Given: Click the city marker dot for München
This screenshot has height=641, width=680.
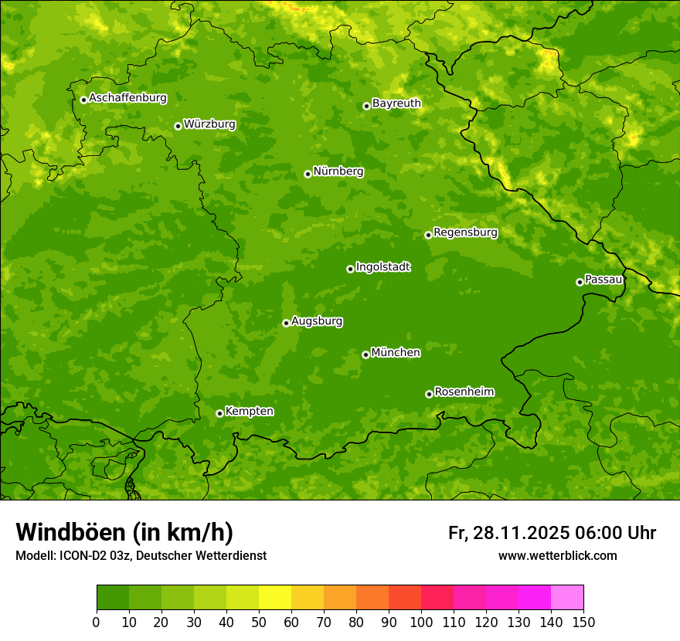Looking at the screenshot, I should (x=365, y=354).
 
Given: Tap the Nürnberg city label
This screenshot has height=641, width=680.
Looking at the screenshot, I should (x=338, y=171).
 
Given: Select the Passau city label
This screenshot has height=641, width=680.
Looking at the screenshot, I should (x=603, y=280).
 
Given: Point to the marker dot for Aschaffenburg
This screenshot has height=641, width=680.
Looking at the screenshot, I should (x=83, y=100).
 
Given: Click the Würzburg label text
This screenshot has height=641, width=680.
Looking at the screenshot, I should (x=209, y=124).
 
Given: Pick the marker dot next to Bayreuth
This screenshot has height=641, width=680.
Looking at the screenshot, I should (x=366, y=106).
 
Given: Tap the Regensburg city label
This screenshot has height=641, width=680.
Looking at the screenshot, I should (x=465, y=232).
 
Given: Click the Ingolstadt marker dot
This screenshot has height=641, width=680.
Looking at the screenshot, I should (x=350, y=269).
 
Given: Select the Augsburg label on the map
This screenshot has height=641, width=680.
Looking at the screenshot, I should (x=317, y=321).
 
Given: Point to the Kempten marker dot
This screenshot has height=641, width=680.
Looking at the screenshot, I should (x=219, y=413).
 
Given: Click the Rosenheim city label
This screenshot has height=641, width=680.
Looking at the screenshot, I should (x=464, y=392).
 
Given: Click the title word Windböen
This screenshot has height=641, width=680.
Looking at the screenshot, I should (x=70, y=532).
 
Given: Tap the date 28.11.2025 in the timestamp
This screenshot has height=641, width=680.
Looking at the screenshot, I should (x=520, y=533).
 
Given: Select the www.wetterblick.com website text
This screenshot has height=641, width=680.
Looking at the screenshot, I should (x=557, y=555).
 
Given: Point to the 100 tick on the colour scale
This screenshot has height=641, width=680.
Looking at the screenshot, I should (x=421, y=622).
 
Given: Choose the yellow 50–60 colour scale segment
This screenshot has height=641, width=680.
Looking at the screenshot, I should (x=275, y=598).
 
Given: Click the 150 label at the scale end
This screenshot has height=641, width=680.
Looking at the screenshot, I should (x=583, y=622).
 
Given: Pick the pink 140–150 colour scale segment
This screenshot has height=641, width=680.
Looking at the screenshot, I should (x=567, y=598).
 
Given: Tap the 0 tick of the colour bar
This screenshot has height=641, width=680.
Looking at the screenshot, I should (x=97, y=622).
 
